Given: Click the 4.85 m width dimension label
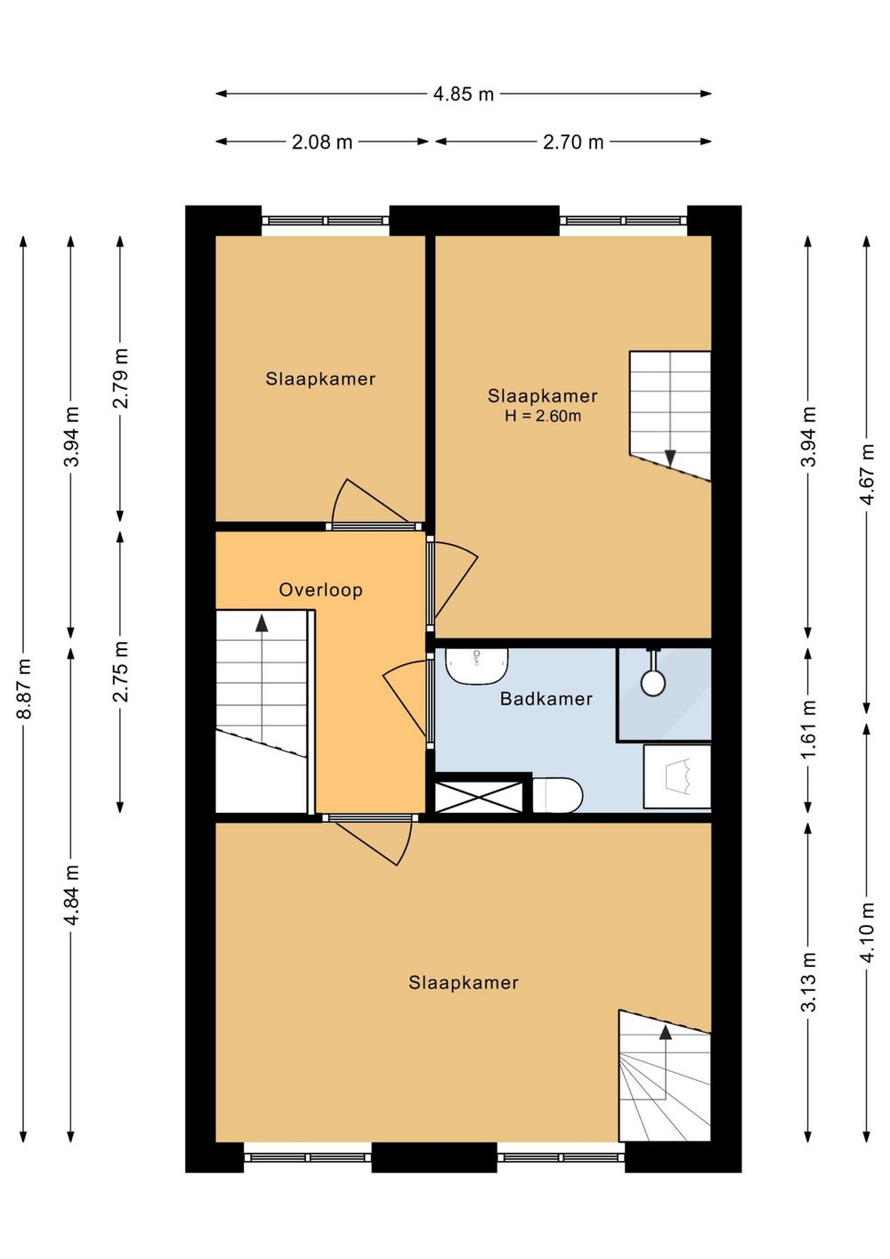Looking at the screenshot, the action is coord(463,93).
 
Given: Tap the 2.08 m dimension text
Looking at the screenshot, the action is coord(322,142).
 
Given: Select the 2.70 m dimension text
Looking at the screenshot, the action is coord(573,142).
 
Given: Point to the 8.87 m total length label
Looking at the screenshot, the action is coord(24,688).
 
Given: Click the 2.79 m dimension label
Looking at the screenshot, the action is coord(121,378).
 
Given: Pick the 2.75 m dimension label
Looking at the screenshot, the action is coord(121,671).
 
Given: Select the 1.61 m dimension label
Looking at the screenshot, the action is coord(808,729).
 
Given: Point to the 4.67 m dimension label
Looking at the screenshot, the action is coord(867,475).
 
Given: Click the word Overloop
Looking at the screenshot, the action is coord(320,590).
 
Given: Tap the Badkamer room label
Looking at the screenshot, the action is coord(546,699).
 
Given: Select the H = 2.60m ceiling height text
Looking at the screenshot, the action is coord(543,417).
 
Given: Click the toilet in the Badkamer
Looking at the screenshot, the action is coord(557,795).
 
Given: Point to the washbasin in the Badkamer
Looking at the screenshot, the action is coord(476,666).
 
